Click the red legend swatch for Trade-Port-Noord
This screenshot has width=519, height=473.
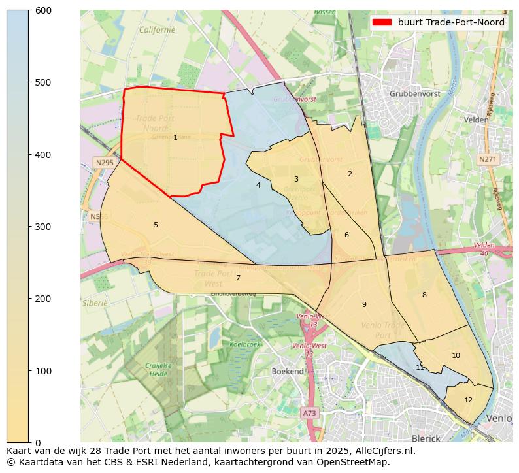(382, 22)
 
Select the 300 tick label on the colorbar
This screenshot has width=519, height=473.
(43, 227)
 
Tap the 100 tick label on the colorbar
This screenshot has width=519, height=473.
(43, 371)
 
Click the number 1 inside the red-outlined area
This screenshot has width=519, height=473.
(175, 137)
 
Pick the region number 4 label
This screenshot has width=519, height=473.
(258, 185)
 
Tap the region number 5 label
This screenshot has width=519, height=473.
(156, 225)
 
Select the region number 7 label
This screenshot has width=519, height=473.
(238, 278)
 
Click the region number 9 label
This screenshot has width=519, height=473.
(364, 304)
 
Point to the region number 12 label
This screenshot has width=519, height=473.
(468, 400)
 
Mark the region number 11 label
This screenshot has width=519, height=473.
(420, 367)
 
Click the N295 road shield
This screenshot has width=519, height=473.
(104, 163)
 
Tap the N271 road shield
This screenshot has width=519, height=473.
(487, 159)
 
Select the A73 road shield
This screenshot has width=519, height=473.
(309, 413)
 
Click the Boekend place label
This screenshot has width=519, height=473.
(288, 371)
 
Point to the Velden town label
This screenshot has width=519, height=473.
(476, 120)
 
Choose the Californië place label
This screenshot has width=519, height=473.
(157, 29)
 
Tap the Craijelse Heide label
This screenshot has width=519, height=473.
(158, 370)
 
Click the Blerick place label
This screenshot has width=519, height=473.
(426, 438)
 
